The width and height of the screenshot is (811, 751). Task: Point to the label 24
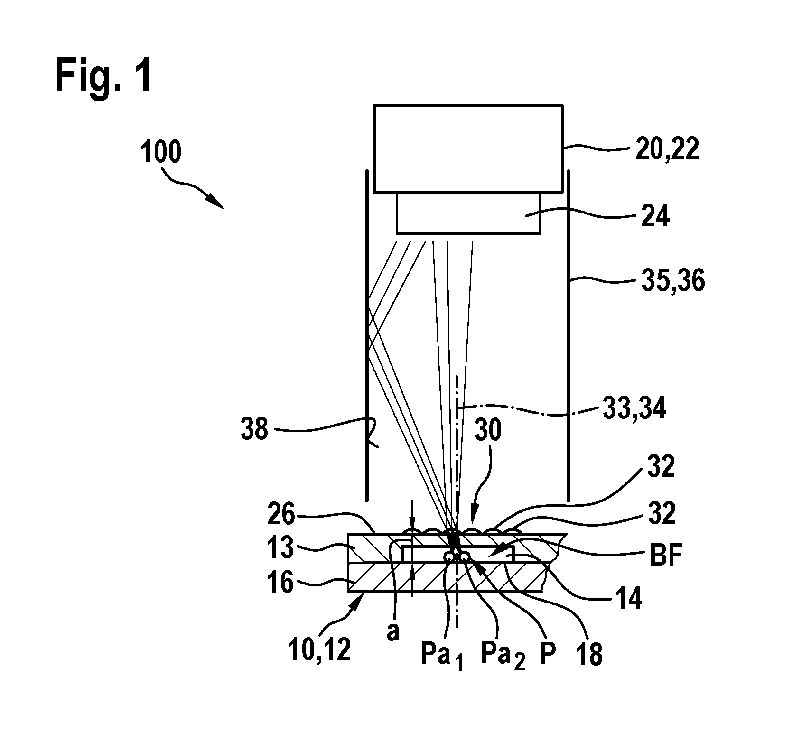tap(655, 217)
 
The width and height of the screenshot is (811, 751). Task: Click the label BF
tap(665, 556)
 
